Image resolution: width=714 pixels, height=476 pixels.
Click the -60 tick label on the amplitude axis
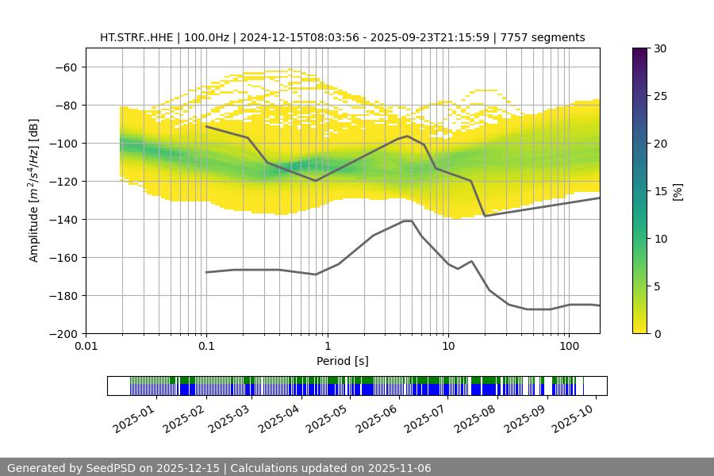click(x=66, y=67)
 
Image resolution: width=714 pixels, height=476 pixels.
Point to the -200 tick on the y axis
click(x=63, y=333)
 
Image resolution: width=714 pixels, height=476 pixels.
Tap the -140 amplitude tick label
click(x=63, y=219)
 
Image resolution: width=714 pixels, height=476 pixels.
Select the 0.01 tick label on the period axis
click(x=86, y=347)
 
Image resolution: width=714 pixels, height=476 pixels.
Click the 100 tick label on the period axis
click(x=569, y=347)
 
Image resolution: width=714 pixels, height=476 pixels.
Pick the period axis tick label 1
click(x=327, y=347)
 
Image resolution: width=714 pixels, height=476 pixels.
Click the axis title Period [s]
click(x=342, y=361)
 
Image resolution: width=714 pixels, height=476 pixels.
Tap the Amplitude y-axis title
click(x=34, y=190)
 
